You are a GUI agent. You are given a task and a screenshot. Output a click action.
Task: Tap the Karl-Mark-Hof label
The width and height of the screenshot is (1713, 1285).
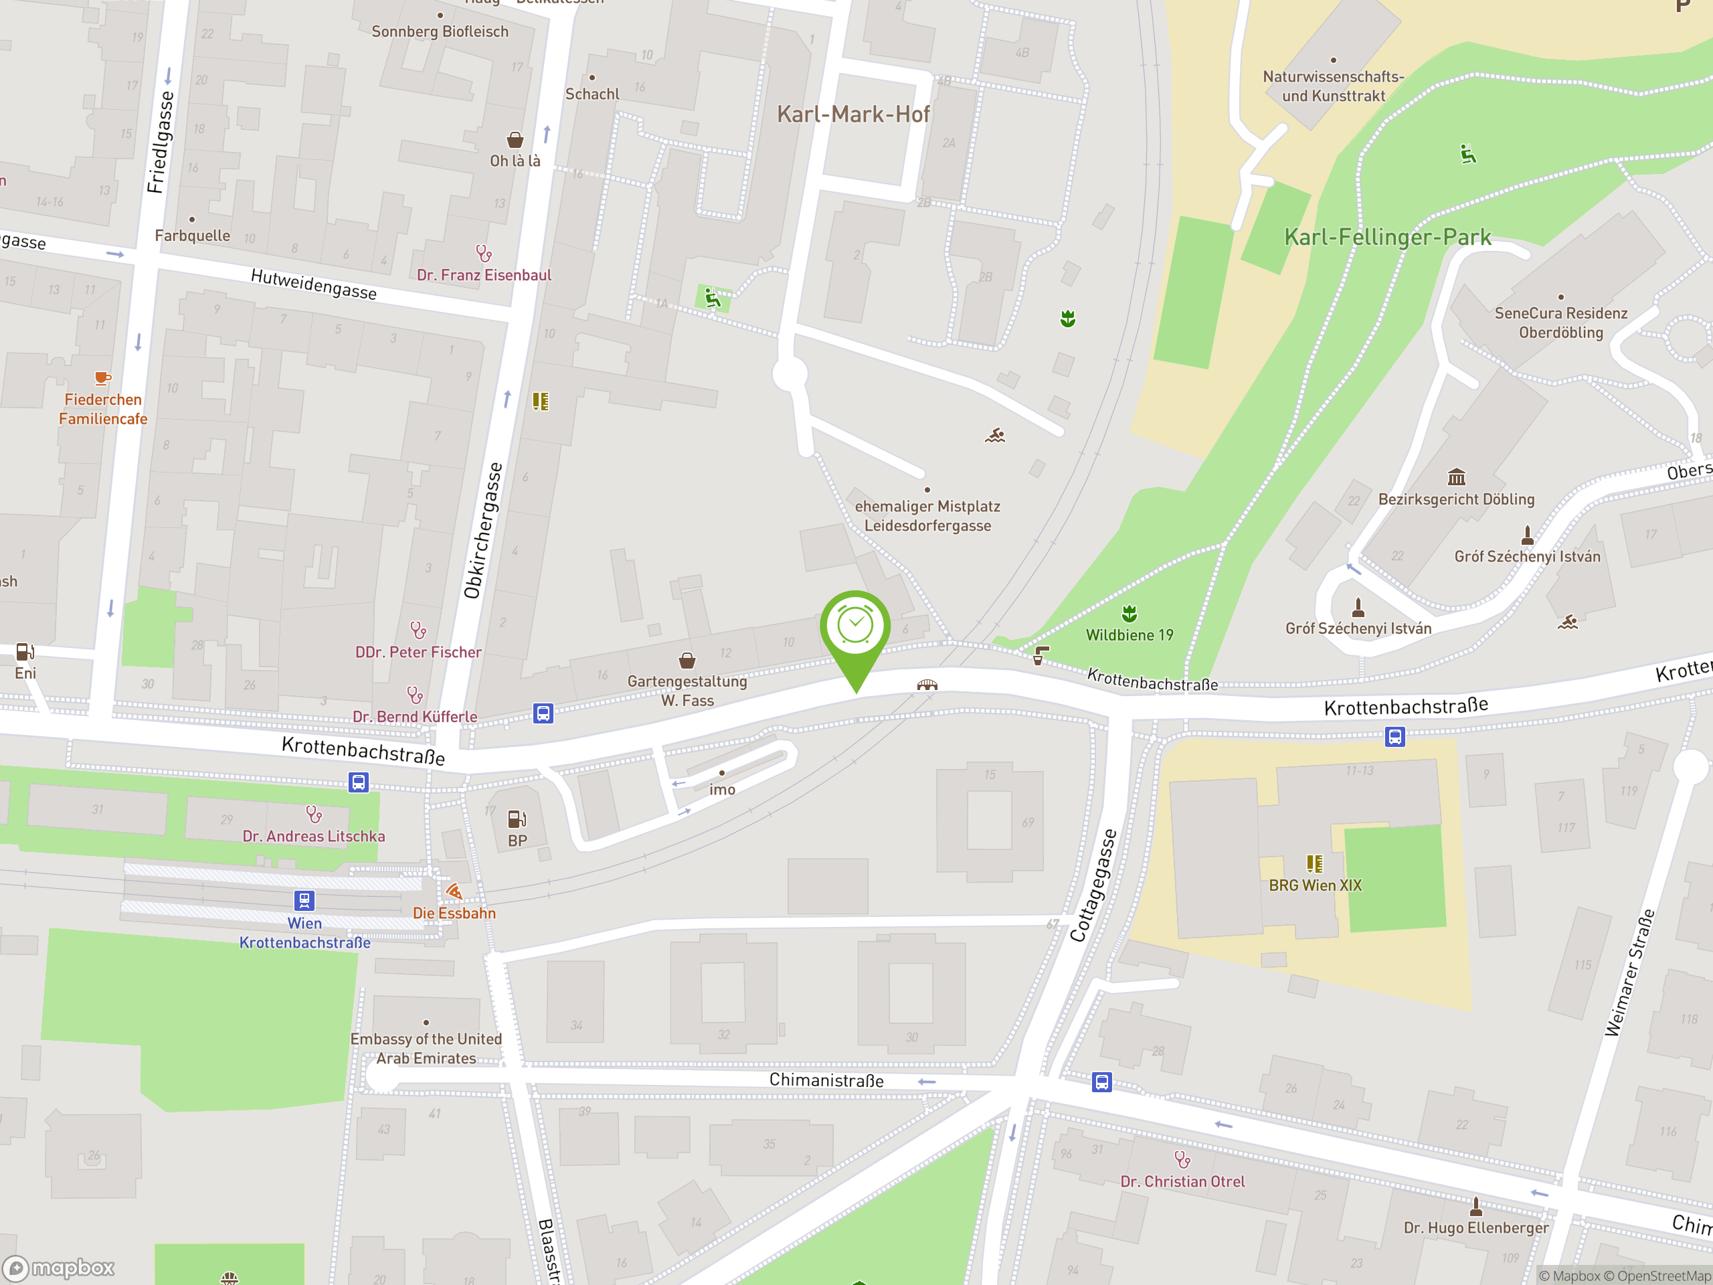(852, 114)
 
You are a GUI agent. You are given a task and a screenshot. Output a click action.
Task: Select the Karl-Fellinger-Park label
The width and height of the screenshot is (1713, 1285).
(1387, 237)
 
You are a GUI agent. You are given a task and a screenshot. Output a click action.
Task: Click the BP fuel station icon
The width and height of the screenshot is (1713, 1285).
(517, 819)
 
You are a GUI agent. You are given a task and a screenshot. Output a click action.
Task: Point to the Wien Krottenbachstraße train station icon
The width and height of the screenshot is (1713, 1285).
(304, 900)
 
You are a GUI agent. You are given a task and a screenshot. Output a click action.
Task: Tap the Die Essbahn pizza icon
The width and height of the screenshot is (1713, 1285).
(454, 891)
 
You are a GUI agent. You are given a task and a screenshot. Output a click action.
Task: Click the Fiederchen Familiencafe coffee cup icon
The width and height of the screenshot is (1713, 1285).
(102, 378)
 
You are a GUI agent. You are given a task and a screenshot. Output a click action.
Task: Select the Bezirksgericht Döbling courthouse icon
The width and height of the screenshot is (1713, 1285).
(1456, 477)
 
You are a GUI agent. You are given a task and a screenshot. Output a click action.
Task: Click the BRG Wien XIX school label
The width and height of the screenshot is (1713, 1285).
(1315, 885)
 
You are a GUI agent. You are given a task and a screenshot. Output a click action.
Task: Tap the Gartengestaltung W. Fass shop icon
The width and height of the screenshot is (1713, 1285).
(687, 660)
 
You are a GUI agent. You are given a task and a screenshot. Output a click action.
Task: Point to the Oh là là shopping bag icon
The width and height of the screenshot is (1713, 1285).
(515, 140)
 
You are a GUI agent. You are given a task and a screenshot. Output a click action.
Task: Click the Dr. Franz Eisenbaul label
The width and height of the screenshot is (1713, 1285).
(484, 275)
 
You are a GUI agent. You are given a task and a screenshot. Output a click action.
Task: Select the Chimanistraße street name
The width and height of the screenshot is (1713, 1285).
(826, 1080)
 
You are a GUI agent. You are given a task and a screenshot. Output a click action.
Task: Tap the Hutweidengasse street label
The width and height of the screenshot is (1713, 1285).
(314, 284)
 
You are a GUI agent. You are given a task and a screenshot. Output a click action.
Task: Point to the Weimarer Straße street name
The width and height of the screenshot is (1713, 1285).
(1629, 973)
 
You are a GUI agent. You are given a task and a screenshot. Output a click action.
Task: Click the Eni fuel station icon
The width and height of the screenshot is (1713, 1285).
(25, 651)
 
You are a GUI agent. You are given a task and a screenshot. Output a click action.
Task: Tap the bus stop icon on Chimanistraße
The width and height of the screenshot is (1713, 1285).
(1102, 1082)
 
